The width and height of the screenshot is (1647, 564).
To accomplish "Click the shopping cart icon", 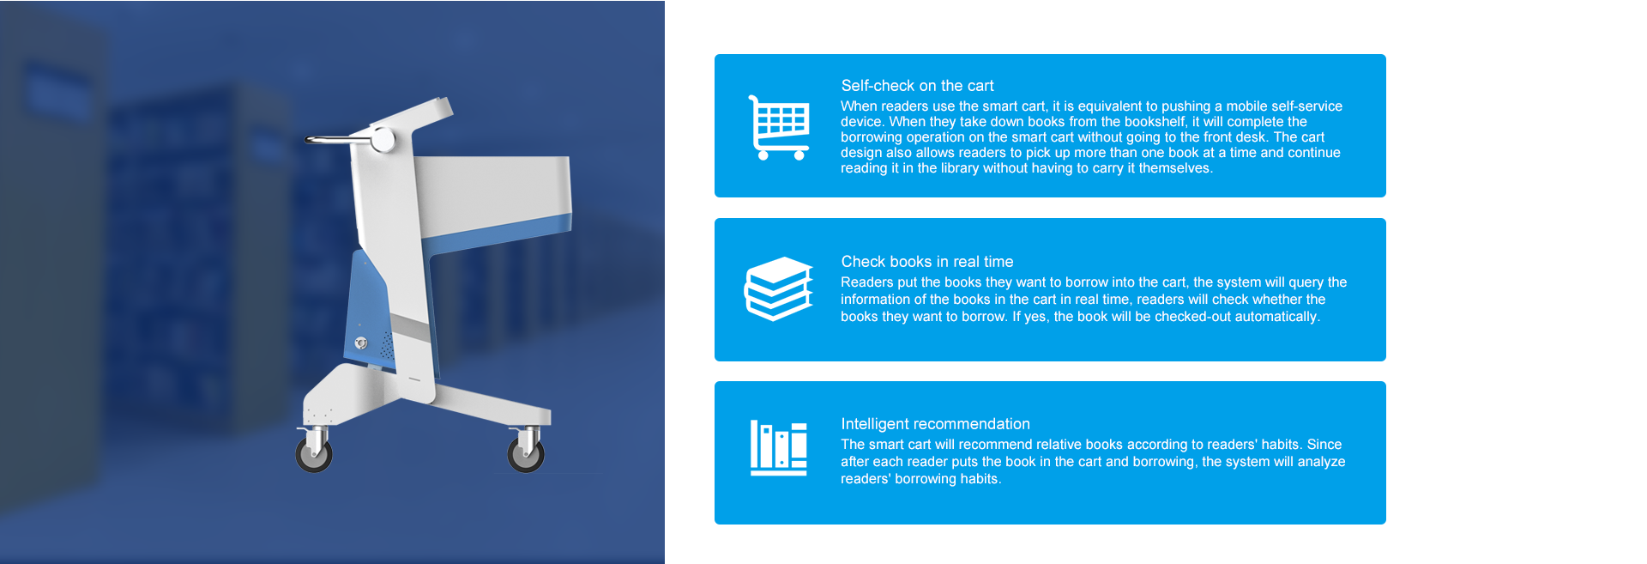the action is tap(779, 127).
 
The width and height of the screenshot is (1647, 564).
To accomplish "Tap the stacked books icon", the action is tap(778, 288).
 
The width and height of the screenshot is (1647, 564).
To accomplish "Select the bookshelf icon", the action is tap(778, 447).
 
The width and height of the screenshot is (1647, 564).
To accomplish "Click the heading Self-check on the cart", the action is tap(917, 86).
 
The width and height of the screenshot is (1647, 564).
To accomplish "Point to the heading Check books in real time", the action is tap(927, 262).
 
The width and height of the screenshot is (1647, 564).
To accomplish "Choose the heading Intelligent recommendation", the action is tap(935, 424).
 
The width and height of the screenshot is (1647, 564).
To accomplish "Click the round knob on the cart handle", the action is tap(383, 139).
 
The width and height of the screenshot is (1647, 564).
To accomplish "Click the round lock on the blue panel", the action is tap(361, 343).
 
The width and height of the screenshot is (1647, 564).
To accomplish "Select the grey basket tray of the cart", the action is tap(492, 198).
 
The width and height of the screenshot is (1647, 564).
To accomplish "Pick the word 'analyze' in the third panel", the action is tap(1321, 462).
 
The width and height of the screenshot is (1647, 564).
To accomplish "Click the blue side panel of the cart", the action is tap(368, 309).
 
